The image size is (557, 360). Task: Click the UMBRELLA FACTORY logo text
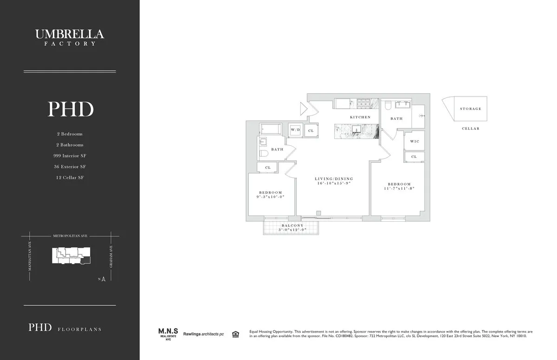70,37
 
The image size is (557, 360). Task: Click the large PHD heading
71,109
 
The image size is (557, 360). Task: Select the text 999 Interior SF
70,156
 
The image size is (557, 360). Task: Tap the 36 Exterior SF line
70,167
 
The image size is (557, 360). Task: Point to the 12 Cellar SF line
70,178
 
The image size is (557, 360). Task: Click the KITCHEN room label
360,117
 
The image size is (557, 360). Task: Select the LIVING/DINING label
334,179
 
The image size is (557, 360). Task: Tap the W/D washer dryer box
296,130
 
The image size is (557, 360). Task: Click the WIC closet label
415,141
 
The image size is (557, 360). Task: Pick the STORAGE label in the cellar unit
471,109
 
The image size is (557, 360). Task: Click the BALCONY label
291,225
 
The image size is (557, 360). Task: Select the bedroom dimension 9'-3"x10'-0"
271,197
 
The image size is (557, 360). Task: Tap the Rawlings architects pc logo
203,334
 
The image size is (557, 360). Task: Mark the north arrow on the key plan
104,279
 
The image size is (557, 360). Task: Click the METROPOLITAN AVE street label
70,236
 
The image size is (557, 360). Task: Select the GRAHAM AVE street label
111,258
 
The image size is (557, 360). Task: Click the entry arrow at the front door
303,109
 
